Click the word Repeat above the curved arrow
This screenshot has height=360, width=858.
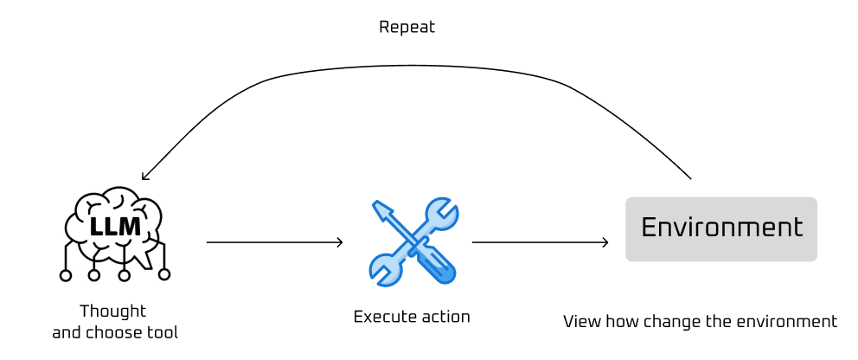pos(407,28)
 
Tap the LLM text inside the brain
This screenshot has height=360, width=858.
pos(115,227)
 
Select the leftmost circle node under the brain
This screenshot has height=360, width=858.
pos(65,275)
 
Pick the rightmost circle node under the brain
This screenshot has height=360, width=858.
pos(164,274)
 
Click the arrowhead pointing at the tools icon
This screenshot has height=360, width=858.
pos(340,242)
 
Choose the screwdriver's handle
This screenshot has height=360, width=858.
pos(438,266)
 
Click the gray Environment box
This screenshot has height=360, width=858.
pos(720,228)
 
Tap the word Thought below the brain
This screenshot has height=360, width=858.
pos(112,312)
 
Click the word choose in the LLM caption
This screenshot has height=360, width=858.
pos(118,332)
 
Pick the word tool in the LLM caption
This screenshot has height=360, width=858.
pos(163,332)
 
